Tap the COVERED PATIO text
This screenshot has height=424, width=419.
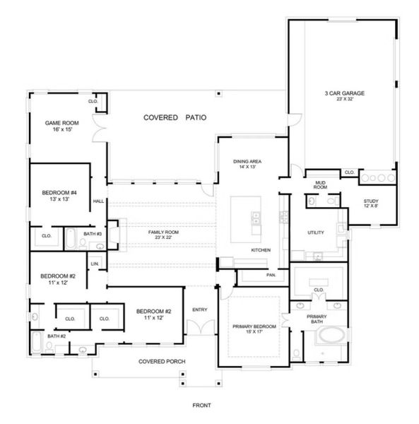click(175, 117)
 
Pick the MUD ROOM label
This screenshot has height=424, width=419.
click(320, 185)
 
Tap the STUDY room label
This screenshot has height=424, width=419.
click(371, 201)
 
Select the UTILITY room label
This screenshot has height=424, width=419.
click(315, 232)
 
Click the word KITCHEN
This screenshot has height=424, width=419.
click(261, 251)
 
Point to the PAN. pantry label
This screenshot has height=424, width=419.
click(271, 275)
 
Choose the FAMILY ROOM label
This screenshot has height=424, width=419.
click(163, 232)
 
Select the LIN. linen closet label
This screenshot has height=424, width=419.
click(94, 263)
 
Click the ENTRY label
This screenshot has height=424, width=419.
click(200, 309)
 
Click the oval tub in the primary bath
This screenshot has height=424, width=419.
click(329, 336)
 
